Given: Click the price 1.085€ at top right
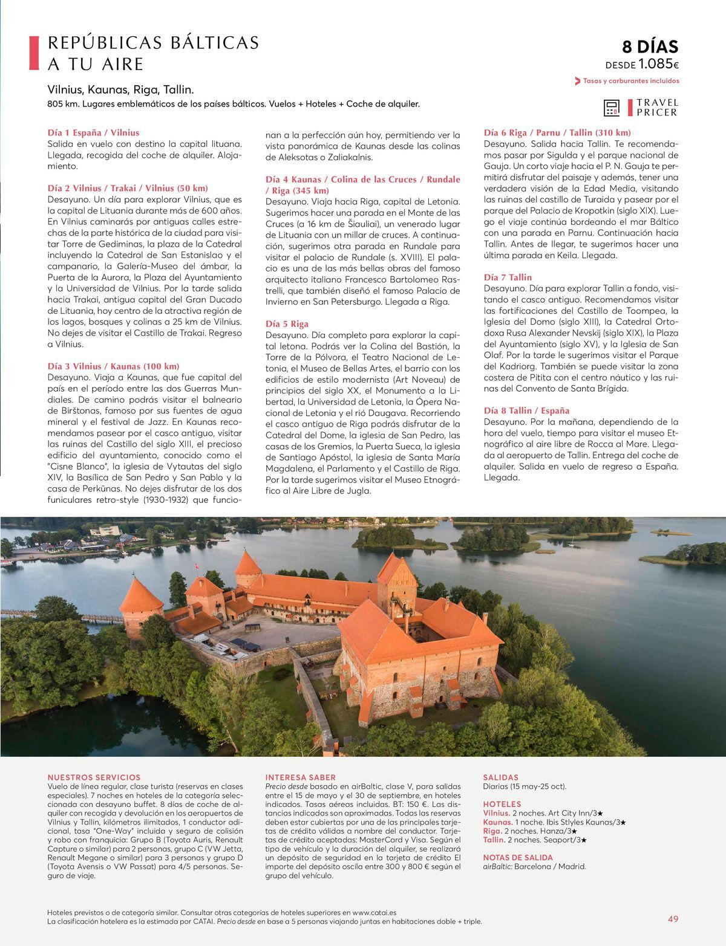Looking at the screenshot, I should [x=658, y=64].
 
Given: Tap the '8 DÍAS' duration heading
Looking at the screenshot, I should [x=650, y=47].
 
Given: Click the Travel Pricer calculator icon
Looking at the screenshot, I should [x=612, y=108].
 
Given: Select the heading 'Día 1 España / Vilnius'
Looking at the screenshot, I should [x=93, y=132].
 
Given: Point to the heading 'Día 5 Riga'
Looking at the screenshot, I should [x=287, y=324].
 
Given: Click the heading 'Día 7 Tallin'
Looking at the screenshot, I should [x=508, y=277].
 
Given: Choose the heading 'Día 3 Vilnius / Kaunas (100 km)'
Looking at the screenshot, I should [x=113, y=366].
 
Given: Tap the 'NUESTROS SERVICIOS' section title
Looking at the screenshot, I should [x=94, y=777].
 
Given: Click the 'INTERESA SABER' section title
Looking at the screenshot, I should [x=301, y=777].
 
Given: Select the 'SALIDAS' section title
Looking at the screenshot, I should [x=501, y=777].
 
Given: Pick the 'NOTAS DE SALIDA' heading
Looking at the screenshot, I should [x=518, y=857].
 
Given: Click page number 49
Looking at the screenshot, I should [x=673, y=919].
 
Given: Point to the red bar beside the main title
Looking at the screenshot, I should [x=34, y=53].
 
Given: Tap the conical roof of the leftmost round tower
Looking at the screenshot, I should [x=140, y=595].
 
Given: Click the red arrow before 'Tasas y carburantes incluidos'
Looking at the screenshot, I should [x=578, y=81].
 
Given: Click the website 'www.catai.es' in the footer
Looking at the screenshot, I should [x=370, y=912].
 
